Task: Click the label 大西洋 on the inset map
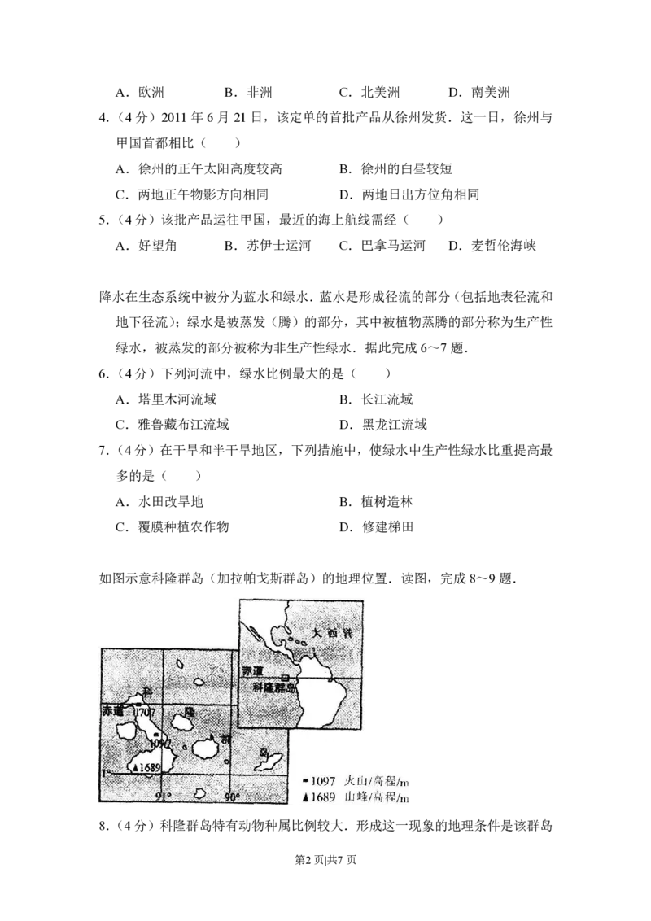coord(330,632)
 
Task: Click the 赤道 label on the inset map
coord(253,670)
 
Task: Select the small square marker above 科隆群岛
coord(284,678)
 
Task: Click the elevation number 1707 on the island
coord(146,711)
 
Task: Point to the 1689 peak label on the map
coord(149,766)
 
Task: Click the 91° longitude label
coord(163,796)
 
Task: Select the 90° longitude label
coord(232,796)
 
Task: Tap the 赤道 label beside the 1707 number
coord(112,710)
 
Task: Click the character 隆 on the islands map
coord(189,711)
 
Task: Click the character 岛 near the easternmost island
coord(263,752)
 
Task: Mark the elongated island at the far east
coord(269,763)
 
